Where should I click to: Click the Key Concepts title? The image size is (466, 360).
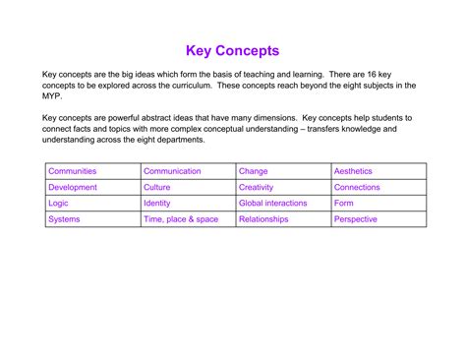(x=233, y=50)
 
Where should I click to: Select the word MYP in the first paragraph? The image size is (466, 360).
(x=52, y=96)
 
